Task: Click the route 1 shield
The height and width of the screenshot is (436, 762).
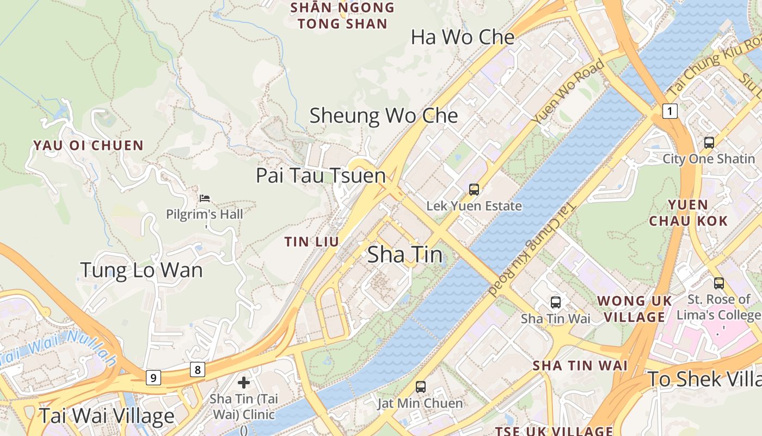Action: pos(670,112)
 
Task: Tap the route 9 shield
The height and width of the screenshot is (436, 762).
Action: pos(153,377)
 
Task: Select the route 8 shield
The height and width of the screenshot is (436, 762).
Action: pos(198,370)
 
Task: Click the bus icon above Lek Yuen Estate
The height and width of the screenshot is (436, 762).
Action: pos(474,190)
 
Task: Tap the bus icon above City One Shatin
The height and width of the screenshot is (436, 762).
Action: pos(709,143)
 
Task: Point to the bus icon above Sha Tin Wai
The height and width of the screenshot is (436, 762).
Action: pos(555,302)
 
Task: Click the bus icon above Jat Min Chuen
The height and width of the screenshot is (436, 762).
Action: pos(420,387)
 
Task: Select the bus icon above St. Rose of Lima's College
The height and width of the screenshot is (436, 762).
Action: pos(718,283)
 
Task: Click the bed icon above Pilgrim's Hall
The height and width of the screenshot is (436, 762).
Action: pos(205,198)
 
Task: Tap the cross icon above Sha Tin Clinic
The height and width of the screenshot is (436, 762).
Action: pos(244,383)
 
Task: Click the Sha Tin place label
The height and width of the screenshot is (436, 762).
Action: pos(405,255)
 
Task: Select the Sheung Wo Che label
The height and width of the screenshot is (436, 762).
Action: pos(384,116)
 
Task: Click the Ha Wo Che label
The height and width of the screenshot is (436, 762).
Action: pos(462,38)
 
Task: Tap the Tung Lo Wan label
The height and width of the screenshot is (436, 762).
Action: pos(142,270)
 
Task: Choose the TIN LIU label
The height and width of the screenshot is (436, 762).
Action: pos(312,241)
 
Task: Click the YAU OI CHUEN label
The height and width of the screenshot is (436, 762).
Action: pos(88,146)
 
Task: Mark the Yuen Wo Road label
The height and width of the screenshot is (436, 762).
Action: pos(569,90)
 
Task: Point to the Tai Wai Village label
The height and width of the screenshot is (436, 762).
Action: pos(107,416)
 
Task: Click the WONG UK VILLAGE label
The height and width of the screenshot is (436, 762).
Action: pos(635,309)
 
